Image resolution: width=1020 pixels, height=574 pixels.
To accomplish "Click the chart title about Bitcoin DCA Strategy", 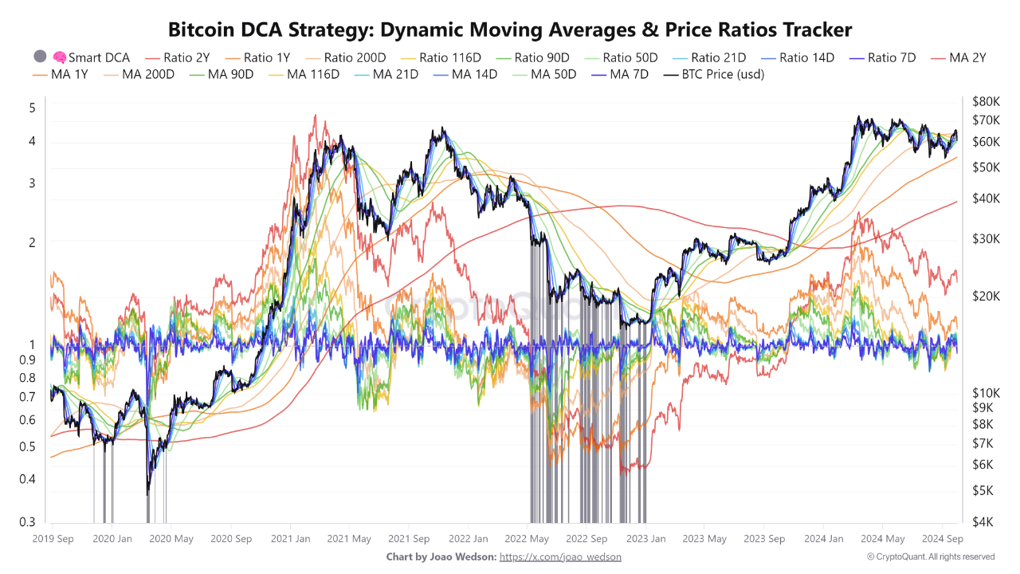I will pos(510,30).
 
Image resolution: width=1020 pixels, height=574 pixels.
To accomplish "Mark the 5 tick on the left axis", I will pos(32,108).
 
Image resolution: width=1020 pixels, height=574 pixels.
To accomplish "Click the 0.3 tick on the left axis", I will pos(28,522).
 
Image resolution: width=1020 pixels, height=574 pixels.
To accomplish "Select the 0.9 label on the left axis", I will pos(28,359).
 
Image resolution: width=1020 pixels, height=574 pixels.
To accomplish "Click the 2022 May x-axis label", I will pos(527,539).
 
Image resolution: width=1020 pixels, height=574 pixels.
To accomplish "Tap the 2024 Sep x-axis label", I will pos(943,539).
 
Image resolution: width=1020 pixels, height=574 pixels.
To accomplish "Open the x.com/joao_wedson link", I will pos(560,556).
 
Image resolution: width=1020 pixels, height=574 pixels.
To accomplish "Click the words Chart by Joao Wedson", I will pos(441,556).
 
